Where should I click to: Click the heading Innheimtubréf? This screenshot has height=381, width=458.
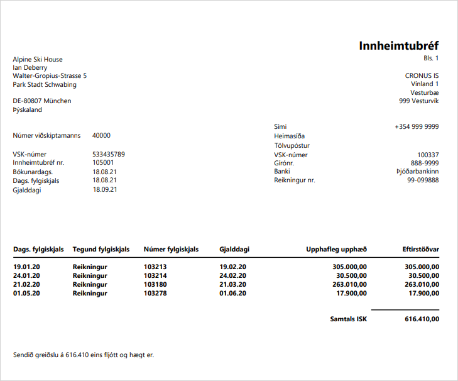pos(398,46)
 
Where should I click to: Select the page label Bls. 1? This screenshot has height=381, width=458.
pos(431,58)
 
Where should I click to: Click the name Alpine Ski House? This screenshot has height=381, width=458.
pos(38,60)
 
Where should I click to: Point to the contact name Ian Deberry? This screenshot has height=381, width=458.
pos(30,68)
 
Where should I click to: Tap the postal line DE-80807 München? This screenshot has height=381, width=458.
pos(42,101)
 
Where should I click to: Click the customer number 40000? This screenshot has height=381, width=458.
pos(101,135)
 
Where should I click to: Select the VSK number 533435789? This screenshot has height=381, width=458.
pos(109,154)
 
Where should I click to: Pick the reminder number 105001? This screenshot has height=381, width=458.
pos(104,162)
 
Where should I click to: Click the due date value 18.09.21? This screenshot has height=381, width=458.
pos(105,190)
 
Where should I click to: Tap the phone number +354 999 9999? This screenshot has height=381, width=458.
pos(417,126)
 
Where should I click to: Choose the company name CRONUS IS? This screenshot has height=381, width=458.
pos(422,75)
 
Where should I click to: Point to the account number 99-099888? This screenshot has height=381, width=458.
pos(423,180)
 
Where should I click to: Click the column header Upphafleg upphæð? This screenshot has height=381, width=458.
pos(336,250)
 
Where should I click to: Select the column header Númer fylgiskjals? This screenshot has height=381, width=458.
pos(171,250)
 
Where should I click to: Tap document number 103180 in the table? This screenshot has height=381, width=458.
pos(156,284)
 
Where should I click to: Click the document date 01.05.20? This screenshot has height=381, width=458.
pos(27,293)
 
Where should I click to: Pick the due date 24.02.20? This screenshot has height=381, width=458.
pos(232,275)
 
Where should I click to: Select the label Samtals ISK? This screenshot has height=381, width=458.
pos(349,319)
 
